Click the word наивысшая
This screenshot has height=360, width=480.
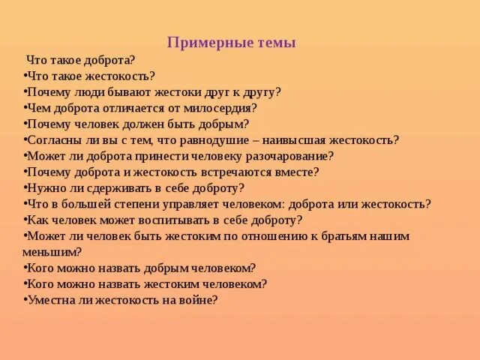(x=319, y=140)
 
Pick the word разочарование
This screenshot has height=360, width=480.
(x=287, y=156)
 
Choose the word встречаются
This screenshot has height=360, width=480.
(x=244, y=172)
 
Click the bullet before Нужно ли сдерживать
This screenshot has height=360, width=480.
(x=25, y=188)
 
